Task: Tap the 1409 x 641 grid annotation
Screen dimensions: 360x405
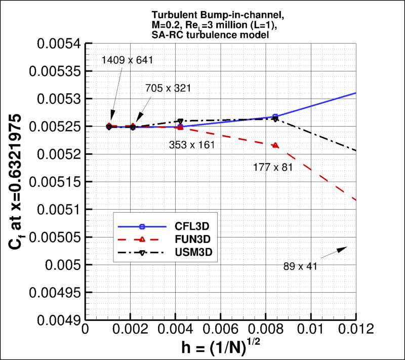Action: [x=127, y=61]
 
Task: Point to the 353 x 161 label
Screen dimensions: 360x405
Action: [x=191, y=145]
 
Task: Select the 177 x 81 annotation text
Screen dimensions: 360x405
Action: [x=273, y=167]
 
